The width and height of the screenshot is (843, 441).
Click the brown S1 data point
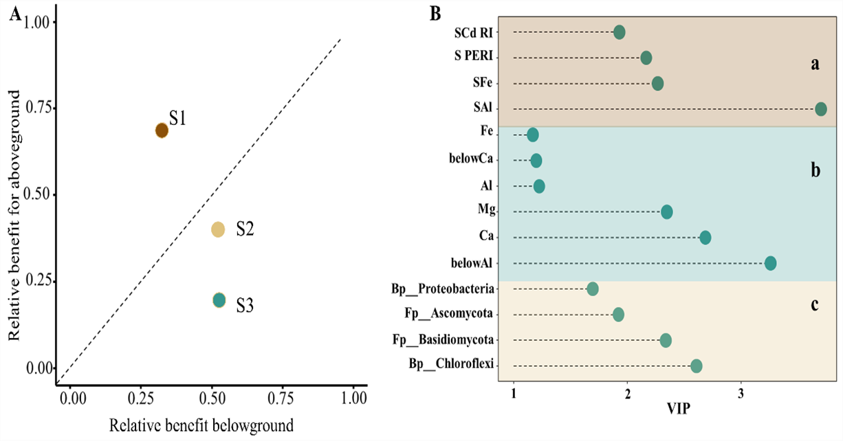point(162,131)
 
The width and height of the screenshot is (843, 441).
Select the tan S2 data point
point(218,229)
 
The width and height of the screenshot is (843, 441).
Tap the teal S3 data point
point(219,299)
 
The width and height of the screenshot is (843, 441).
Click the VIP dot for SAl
point(820,109)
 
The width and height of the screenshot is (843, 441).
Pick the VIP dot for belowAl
point(770,263)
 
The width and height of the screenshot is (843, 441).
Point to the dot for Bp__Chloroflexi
point(696,366)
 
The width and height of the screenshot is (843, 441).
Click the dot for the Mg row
point(666,212)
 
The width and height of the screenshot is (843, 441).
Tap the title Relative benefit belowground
point(201,425)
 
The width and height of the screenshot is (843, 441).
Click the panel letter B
point(435,14)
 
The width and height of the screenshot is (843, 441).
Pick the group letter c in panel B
point(814,304)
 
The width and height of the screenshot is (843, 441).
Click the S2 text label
point(245,229)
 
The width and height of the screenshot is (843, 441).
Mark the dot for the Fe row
point(532,135)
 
